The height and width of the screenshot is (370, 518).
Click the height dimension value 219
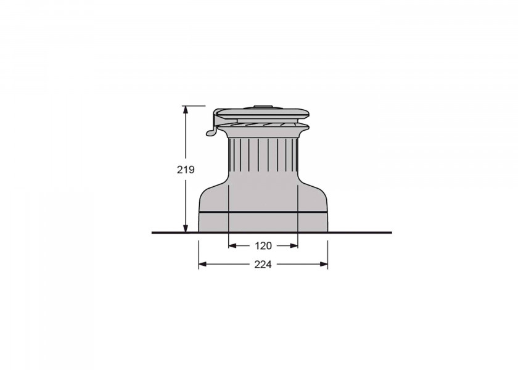(186, 170)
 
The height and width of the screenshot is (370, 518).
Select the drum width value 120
(263, 246)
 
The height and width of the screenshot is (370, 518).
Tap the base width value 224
(263, 265)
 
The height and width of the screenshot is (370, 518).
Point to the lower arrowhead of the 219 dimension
(186, 228)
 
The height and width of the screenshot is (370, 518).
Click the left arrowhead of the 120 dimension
(233, 246)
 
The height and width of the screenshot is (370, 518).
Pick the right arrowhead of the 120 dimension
(294, 246)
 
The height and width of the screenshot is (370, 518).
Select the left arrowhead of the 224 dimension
(203, 265)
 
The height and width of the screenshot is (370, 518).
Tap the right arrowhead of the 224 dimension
(323, 265)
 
